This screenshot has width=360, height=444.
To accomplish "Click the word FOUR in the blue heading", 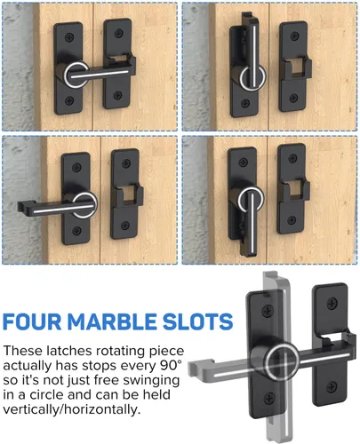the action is [32, 321].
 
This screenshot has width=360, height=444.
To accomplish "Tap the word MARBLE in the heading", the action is [112, 321].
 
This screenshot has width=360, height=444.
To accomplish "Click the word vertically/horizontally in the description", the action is [71, 409].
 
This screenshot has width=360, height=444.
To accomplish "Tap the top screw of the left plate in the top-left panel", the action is [69, 37].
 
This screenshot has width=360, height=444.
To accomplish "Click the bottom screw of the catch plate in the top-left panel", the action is [117, 95].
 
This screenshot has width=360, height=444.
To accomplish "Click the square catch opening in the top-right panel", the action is [295, 67].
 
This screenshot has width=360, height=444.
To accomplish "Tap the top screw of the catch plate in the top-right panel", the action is [294, 36].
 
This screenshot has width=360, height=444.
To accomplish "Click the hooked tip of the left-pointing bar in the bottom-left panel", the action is [22, 205].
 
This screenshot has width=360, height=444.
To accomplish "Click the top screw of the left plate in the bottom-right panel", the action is [243, 162].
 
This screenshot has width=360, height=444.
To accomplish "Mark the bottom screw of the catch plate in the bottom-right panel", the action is [292, 220].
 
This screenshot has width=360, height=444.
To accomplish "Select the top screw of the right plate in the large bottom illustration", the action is [332, 303].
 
